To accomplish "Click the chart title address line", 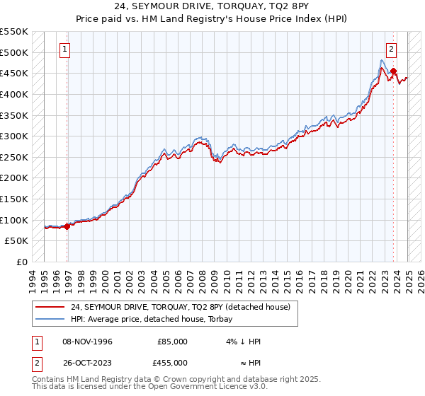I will [212, 7].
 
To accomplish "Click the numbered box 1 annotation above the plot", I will [64, 49].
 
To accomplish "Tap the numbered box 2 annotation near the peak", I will [391, 49].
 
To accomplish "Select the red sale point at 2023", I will [393, 71].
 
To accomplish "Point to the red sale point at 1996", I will [67, 226].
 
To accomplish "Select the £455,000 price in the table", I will [172, 363].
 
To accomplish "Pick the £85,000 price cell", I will [172, 342].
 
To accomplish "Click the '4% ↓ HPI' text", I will [244, 342].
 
